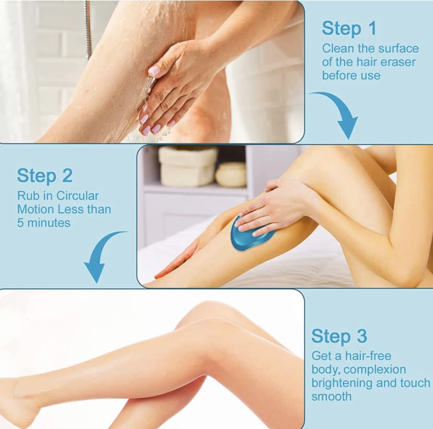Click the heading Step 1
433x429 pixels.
(349, 29)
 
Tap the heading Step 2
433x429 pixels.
(45, 176)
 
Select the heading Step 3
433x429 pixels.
(339, 336)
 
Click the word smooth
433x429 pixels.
(332, 397)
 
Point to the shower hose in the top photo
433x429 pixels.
(88, 28)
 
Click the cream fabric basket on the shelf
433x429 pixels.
(188, 166)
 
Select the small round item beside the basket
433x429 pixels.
(231, 175)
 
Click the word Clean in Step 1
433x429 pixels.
(338, 49)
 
